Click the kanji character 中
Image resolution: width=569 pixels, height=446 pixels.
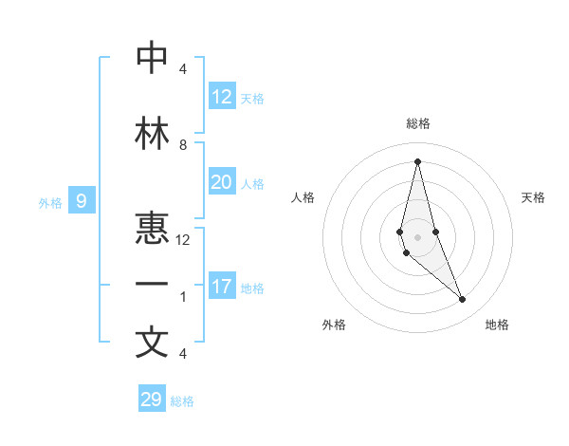(152, 59)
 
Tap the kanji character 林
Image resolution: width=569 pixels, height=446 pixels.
(152, 134)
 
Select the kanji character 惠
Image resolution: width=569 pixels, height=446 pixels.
(152, 228)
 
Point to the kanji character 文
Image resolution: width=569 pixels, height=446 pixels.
(152, 342)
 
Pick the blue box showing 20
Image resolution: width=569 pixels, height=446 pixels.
(221, 182)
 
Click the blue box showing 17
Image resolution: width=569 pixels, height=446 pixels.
(221, 287)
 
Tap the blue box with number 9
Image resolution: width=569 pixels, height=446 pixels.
(82, 201)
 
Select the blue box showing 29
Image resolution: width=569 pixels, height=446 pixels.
(151, 400)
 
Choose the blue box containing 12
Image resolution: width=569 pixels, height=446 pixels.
(221, 97)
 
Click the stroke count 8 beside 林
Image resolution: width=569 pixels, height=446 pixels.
(183, 145)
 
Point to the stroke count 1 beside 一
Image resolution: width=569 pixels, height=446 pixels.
(183, 297)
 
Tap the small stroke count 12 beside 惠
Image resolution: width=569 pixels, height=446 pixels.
(183, 240)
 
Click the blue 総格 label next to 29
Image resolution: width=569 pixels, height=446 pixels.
(182, 401)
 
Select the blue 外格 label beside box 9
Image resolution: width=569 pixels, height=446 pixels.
(49, 202)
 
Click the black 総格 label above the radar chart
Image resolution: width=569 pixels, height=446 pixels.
(418, 123)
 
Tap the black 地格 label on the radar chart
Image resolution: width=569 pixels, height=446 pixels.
(497, 325)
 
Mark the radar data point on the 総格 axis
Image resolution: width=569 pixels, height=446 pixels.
(417, 160)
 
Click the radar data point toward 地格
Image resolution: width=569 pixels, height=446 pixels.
(463, 300)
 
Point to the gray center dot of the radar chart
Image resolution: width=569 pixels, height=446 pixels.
(417, 236)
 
